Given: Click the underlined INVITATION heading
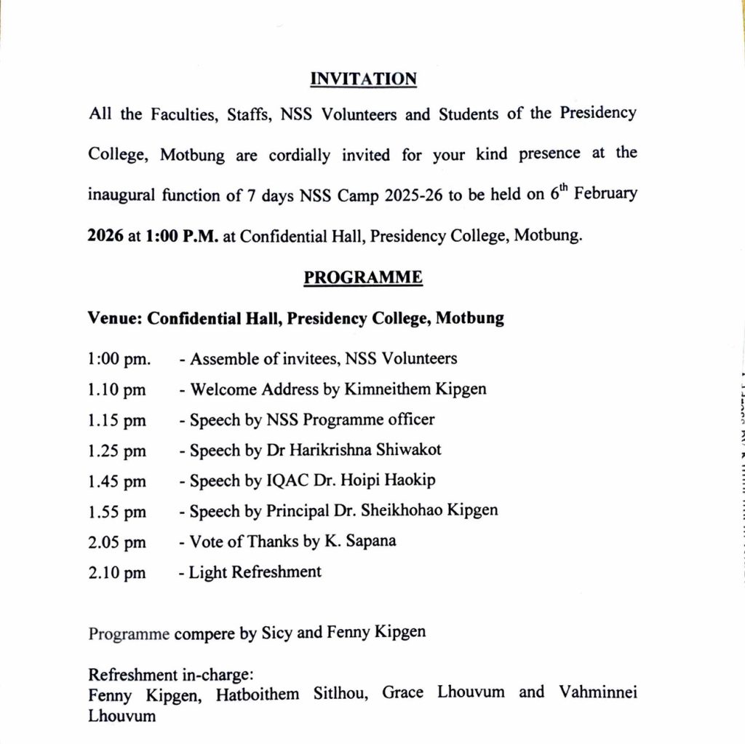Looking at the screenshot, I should pyautogui.click(x=363, y=79).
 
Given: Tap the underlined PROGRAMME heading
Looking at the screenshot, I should pyautogui.click(x=363, y=277).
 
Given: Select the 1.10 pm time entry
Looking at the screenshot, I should pyautogui.click(x=116, y=389).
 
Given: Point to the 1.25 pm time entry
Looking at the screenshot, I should pyautogui.click(x=116, y=451).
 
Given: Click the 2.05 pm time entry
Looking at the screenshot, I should pyautogui.click(x=116, y=542).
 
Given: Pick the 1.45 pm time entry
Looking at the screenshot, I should pyautogui.click(x=116, y=481).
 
